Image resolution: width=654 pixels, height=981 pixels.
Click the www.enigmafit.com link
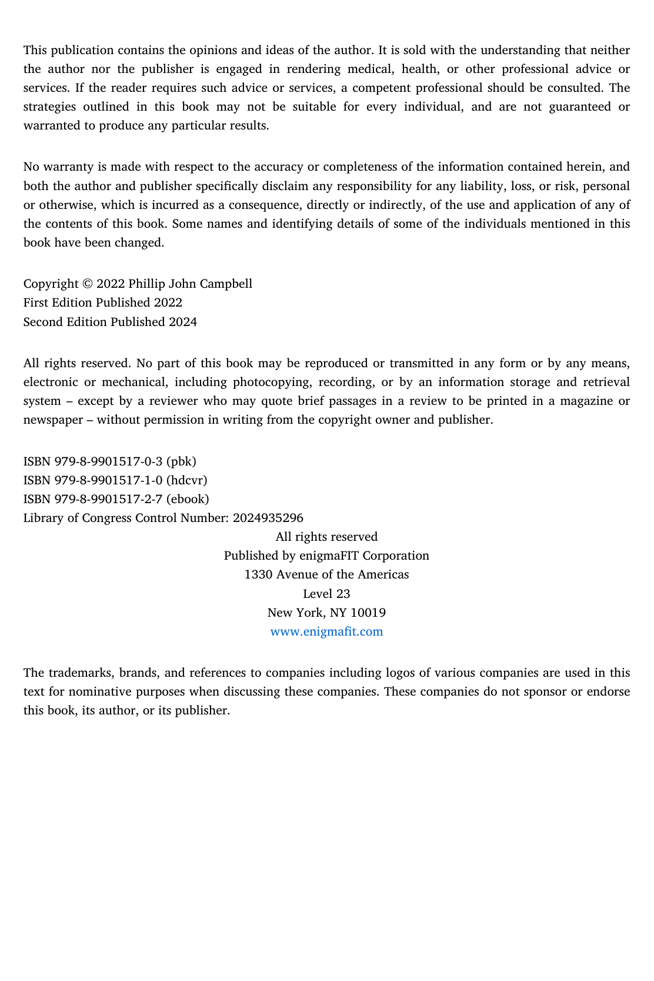(x=326, y=631)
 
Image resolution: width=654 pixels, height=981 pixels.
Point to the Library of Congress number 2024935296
(x=268, y=518)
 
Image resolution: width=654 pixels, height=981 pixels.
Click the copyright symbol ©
(x=87, y=284)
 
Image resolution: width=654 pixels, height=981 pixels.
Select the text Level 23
(x=326, y=594)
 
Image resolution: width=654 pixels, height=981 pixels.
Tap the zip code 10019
(x=368, y=613)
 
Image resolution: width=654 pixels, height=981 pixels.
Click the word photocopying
(x=271, y=382)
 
